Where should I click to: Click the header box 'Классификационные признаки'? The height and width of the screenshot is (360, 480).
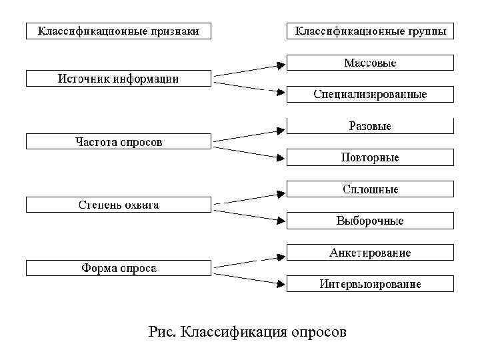pos(118,31)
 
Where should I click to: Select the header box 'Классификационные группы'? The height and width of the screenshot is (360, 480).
pos(370,31)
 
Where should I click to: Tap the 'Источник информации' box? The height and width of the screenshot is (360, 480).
pos(118,79)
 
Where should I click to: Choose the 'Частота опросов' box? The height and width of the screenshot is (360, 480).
pos(118,142)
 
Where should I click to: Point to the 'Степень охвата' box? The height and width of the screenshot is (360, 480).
pos(118,205)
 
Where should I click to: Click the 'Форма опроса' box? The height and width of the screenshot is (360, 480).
pos(118,268)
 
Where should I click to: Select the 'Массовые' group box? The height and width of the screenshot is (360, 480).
pos(370,63)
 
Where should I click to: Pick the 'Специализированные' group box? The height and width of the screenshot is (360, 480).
pos(370,94)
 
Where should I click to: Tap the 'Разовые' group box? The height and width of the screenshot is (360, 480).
pos(370,125)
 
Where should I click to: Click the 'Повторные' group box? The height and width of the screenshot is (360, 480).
pos(370,157)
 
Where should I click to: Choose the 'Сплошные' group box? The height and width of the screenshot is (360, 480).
pos(370,189)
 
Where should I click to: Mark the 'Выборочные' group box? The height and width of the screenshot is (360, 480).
pos(370,221)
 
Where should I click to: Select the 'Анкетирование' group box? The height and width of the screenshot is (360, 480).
pos(370,253)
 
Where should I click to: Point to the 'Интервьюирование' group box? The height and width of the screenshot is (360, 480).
pos(370,284)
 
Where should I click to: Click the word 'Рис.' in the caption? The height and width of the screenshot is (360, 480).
pos(163,331)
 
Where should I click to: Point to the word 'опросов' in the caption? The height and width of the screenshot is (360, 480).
pos(319,332)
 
